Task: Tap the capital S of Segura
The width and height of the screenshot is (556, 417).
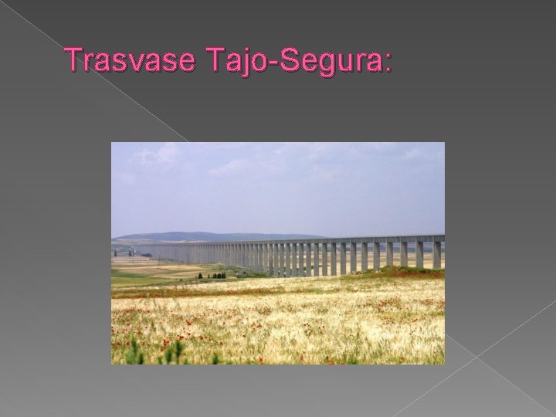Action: click(286, 59)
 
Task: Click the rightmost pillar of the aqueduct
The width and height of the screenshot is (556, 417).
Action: click(437, 254)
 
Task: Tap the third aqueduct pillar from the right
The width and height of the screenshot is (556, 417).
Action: click(403, 253)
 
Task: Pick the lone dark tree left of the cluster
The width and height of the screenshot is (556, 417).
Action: click(200, 275)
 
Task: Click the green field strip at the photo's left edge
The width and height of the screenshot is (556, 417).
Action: click(124, 280)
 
